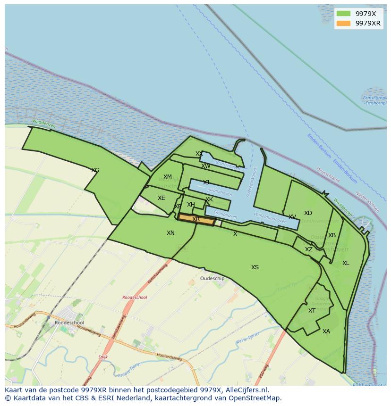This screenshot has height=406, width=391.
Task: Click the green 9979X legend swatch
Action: point(343,14)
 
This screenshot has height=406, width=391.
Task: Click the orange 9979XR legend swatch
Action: point(343,23)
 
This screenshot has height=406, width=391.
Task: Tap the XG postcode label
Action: point(95,170)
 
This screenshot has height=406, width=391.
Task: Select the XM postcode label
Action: point(168,177)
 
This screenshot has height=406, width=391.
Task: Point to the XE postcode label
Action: point(161,198)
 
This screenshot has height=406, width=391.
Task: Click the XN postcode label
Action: point(170,233)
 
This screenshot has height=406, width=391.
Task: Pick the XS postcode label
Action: point(255,267)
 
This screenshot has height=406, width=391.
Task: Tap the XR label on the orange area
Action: point(196,219)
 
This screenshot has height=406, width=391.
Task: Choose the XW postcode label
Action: point(206,166)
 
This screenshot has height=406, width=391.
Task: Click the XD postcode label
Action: point(308,213)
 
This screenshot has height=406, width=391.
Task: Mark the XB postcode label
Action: point(332,235)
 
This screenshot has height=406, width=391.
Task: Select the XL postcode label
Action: point(346,263)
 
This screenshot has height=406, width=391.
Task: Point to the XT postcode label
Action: point(312,311)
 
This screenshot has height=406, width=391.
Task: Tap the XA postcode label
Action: point(326,331)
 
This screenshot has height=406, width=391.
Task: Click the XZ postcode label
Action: point(309,249)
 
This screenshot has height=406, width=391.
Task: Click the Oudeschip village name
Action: point(212,279)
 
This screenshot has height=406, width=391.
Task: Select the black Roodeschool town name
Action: point(69,323)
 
